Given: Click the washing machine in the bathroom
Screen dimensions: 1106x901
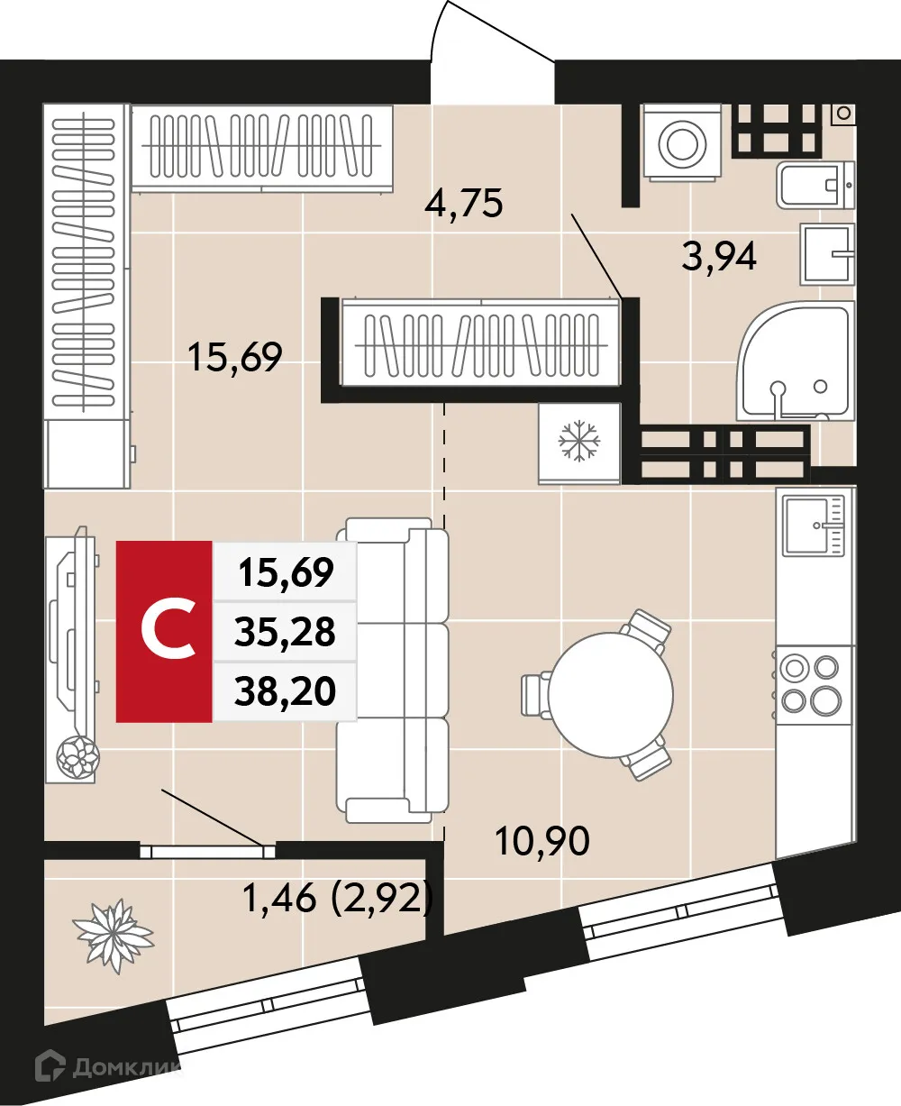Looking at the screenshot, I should pyautogui.click(x=681, y=140).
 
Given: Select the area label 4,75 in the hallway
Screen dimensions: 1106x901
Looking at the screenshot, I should pyautogui.click(x=463, y=204).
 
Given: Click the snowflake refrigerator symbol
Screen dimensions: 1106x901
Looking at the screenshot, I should pyautogui.click(x=579, y=442).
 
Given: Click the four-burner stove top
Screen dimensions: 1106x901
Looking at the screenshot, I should pyautogui.click(x=808, y=683).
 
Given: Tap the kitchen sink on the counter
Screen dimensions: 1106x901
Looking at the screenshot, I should pyautogui.click(x=813, y=526).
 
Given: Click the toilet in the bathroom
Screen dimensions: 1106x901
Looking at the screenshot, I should pyautogui.click(x=814, y=186).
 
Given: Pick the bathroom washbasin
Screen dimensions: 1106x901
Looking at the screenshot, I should pyautogui.click(x=826, y=253).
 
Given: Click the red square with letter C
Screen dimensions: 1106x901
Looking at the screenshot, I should pyautogui.click(x=165, y=632).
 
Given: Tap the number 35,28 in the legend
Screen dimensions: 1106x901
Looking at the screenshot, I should pyautogui.click(x=285, y=633).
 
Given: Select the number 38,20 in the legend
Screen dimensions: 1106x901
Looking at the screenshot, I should pyautogui.click(x=285, y=691).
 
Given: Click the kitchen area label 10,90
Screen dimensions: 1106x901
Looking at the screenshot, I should pyautogui.click(x=542, y=842).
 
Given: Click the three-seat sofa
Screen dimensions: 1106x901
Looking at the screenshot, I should pyautogui.click(x=394, y=669).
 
